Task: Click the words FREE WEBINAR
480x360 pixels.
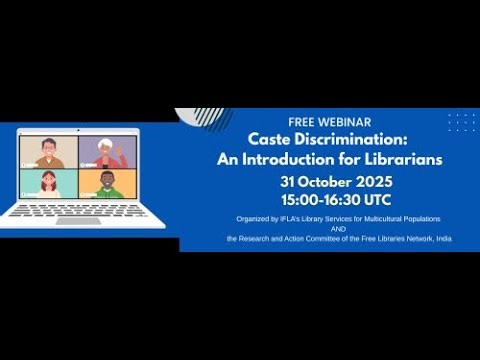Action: pyautogui.click(x=329, y=122)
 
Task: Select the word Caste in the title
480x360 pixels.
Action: pyautogui.click(x=271, y=140)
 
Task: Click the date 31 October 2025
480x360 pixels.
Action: pyautogui.click(x=329, y=182)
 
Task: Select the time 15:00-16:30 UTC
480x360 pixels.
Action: pyautogui.click(x=329, y=200)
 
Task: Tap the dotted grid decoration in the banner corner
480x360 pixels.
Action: pyautogui.click(x=461, y=121)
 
